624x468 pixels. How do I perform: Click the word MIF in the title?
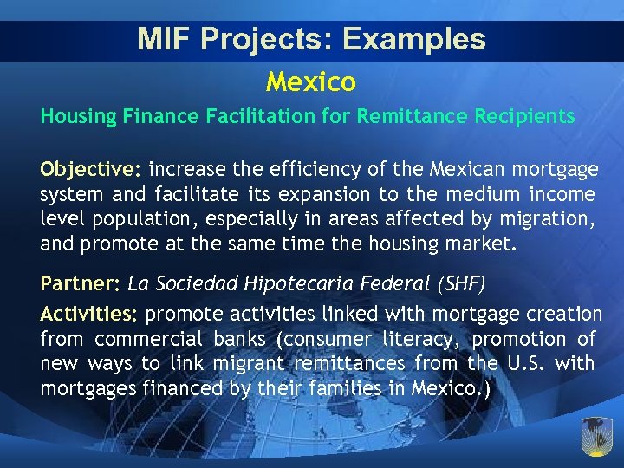point(161,39)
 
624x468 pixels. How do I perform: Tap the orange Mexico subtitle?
point(311,81)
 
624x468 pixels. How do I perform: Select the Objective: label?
point(93,167)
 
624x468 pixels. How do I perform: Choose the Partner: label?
point(81,283)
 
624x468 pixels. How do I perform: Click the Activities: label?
point(92,313)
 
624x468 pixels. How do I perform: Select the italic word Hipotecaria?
point(306,283)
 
